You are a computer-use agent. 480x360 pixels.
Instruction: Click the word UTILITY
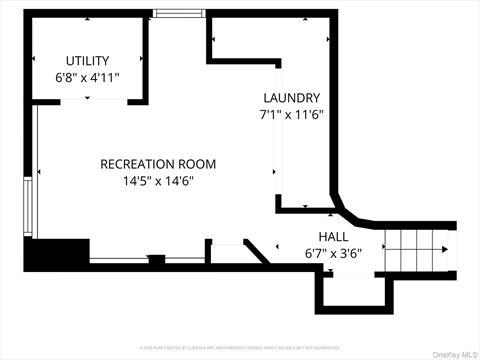pos(87,61)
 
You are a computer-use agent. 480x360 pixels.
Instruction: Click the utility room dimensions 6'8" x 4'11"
pos(87,77)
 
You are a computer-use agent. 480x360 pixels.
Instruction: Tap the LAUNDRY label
pos(291,98)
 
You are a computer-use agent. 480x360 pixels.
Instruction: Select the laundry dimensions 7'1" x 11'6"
pos(291,115)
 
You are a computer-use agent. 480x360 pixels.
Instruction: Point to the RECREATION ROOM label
pos(157,164)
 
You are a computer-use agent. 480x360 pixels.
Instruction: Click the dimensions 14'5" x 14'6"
pos(157,181)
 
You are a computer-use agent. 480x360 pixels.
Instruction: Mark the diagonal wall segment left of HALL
pos(258,250)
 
